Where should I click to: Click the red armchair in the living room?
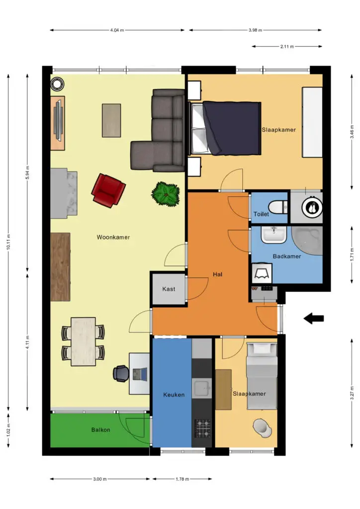point(108,190)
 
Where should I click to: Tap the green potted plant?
point(166,194)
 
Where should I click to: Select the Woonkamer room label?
point(113,237)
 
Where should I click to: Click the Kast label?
point(169,289)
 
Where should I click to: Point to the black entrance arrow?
point(314,319)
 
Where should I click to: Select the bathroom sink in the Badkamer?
point(274,235)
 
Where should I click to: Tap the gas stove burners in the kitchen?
point(202,428)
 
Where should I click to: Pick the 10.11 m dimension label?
point(9,242)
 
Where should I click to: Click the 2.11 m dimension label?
point(287,46)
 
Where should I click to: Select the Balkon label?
point(100,430)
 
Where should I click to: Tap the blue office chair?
point(120,374)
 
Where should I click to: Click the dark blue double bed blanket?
point(232,128)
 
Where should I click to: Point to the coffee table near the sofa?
point(111,120)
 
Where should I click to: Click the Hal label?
point(217,274)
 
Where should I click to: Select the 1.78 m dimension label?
point(182,479)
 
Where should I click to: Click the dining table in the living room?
point(83,341)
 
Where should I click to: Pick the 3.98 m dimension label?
point(255,30)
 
